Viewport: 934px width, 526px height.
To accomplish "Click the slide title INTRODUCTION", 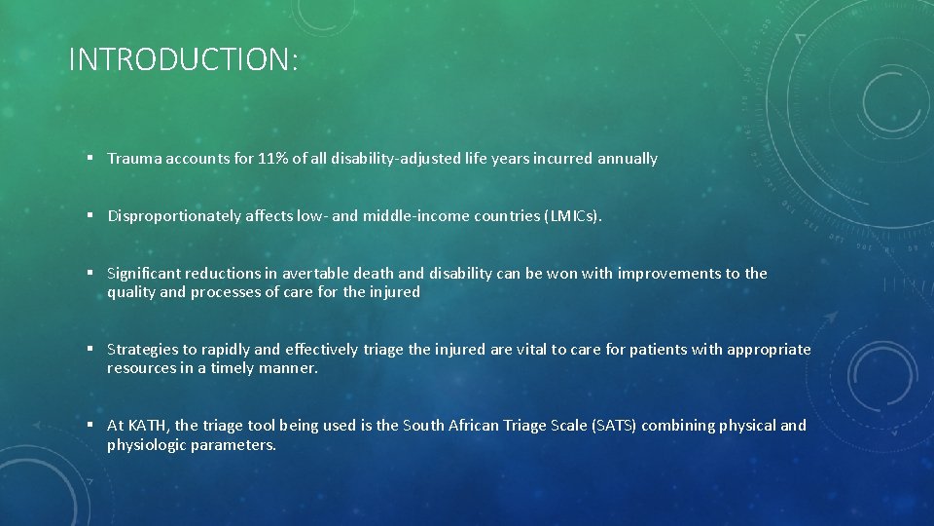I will pyautogui.click(x=183, y=60).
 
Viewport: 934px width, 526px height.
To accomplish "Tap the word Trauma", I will pyautogui.click(x=134, y=159).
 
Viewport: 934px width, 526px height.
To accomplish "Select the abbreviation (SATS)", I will pyautogui.click(x=614, y=426).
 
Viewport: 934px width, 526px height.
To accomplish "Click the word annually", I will pyautogui.click(x=628, y=159).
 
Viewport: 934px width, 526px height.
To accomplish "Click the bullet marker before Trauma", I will pyautogui.click(x=89, y=159).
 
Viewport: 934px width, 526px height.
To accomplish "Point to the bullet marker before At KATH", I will pyautogui.click(x=89, y=426).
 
